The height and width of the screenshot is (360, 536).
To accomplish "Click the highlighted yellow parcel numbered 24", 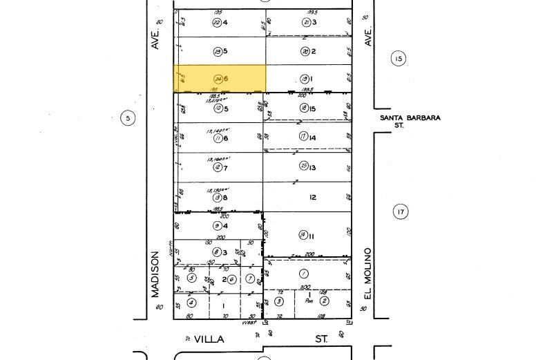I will (219, 79).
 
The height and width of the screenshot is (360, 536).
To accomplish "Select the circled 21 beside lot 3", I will (306, 22).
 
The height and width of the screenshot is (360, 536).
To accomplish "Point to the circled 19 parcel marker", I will (304, 79).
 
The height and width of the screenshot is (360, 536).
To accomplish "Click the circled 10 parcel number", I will (217, 108).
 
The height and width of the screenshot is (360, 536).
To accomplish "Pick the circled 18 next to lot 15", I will (303, 108).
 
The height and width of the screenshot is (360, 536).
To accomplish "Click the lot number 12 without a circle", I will (312, 197).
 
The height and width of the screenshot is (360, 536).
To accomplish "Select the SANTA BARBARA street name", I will (410, 118).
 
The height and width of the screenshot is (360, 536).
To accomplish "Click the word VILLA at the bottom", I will (209, 339).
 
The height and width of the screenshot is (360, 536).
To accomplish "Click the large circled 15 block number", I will (398, 59).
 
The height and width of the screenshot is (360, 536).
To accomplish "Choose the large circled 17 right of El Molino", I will (401, 211).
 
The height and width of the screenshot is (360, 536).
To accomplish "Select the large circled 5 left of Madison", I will (128, 118).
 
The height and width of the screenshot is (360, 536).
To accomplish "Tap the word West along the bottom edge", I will (249, 322).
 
